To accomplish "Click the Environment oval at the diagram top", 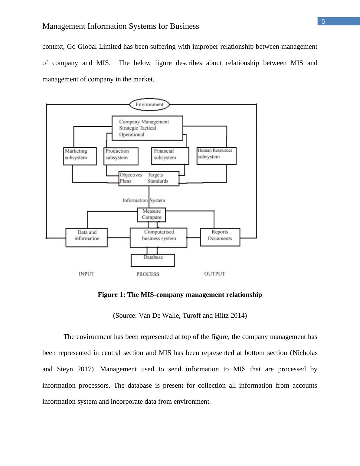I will (x=149, y=105).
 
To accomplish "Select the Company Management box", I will (x=147, y=128).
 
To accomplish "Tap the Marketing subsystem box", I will (x=80, y=156).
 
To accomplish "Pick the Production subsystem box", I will (x=121, y=156).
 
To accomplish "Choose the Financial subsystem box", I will (x=170, y=156).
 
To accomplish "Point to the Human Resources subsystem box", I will (x=216, y=156).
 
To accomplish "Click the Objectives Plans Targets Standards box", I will (x=149, y=179).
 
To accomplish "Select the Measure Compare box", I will (x=152, y=214).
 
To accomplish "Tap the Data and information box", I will (x=87, y=238).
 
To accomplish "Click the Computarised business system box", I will (x=159, y=238).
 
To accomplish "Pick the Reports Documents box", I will (x=220, y=237).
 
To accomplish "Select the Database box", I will (x=153, y=260).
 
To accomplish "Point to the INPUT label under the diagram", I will (x=87, y=274).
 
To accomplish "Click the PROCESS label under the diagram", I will (x=148, y=274).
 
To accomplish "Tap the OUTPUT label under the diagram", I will (x=214, y=274).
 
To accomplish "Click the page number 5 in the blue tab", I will (x=323, y=21).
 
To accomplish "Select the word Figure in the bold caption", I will (x=106, y=295).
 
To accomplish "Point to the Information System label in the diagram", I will (x=144, y=200).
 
